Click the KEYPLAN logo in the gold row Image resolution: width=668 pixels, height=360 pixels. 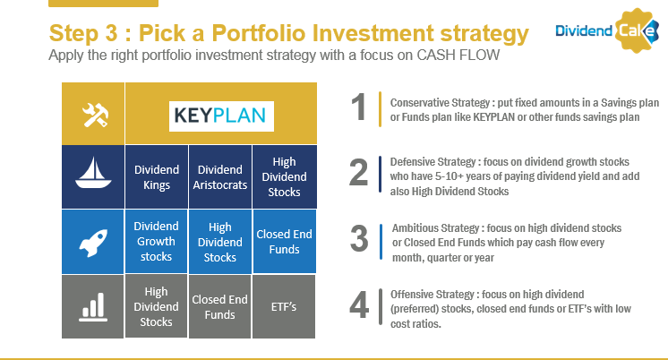point(221,116)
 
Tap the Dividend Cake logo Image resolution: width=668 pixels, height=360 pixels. point(607,30)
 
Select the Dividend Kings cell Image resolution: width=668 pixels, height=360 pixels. point(157,177)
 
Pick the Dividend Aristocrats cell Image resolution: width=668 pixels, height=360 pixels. point(219,177)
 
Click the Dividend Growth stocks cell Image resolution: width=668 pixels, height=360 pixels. point(157,241)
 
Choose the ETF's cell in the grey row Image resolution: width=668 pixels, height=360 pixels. point(284,307)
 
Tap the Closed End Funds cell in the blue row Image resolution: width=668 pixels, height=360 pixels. point(284,241)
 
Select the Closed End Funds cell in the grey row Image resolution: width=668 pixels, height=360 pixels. point(219,307)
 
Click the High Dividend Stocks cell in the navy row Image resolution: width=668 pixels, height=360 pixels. point(284,177)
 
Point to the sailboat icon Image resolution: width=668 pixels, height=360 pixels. point(93,173)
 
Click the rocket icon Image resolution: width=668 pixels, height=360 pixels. point(93,243)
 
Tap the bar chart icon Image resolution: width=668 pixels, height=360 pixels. point(93,307)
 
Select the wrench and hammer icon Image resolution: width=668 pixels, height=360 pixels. point(96,115)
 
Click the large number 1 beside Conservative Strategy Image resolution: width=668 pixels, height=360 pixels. point(359,107)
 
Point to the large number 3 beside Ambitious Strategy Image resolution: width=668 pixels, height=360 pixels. point(359,238)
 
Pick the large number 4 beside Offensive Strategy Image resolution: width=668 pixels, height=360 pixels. point(359,305)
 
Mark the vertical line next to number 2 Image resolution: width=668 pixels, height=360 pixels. point(380,174)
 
